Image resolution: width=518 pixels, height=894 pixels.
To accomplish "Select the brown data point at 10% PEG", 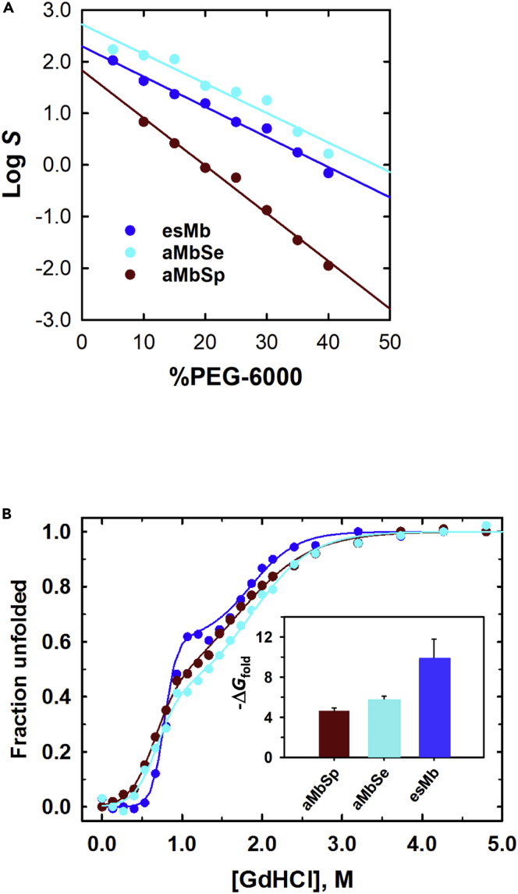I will pyautogui.click(x=144, y=122).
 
